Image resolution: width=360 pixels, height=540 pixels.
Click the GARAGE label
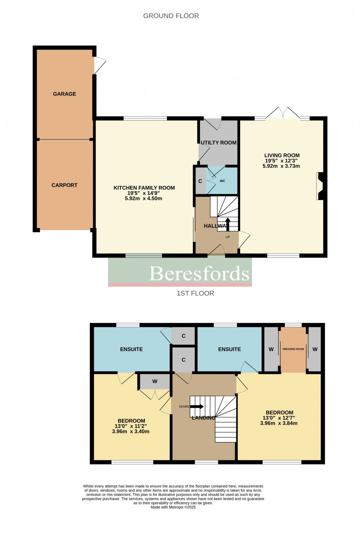click(64, 94)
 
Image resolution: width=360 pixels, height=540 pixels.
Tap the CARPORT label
click(64, 185)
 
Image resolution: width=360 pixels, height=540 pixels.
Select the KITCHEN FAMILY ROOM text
click(144, 188)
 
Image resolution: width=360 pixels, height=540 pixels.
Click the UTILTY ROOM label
click(218, 143)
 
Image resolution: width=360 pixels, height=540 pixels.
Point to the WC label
click(222, 181)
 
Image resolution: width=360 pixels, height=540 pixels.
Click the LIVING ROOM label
click(282, 155)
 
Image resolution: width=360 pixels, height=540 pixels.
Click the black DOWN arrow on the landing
click(197, 406)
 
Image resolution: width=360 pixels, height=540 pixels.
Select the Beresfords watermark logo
click(199, 273)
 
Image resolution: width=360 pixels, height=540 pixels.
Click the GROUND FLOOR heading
click(171, 16)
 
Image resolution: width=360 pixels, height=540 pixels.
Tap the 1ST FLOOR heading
click(195, 293)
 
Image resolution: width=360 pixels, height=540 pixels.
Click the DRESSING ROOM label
click(293, 349)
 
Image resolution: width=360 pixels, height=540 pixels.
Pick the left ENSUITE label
click(131, 349)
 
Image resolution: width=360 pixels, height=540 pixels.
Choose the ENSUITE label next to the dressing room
click(229, 349)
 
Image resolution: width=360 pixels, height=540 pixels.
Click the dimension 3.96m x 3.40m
click(131, 431)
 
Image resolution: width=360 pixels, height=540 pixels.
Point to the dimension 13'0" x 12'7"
click(279, 418)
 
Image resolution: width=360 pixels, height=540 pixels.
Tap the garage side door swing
click(99, 66)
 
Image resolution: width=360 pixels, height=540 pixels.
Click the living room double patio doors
click(283, 113)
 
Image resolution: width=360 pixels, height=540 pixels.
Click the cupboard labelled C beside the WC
click(200, 181)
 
